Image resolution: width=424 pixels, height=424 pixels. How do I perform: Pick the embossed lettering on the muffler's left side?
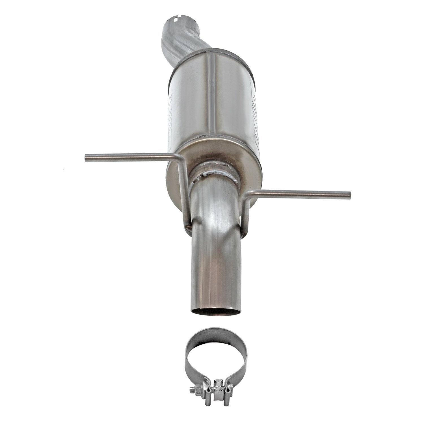click(172, 113)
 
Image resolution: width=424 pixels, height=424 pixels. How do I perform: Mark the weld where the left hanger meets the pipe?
click(189, 226)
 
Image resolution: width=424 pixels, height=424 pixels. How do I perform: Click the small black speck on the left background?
click(64, 170)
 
